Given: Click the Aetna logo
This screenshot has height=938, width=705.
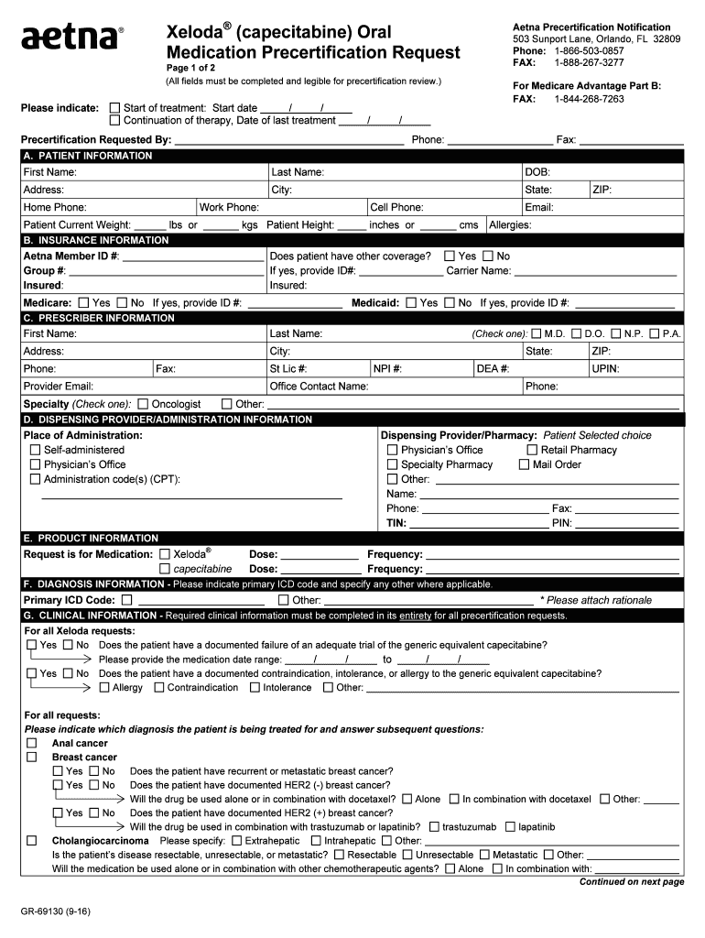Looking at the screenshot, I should [x=71, y=38].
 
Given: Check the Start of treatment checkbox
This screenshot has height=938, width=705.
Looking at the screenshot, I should [x=114, y=108].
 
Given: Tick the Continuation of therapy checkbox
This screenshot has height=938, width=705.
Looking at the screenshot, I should [x=114, y=121].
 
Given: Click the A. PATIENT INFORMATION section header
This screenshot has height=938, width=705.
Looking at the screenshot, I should [x=88, y=156].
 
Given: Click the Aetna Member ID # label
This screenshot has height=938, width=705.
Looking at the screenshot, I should [x=70, y=256].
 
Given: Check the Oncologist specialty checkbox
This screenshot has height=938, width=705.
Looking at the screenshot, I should [x=143, y=404].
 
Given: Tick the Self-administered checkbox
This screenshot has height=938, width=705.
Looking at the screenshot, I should [x=36, y=451].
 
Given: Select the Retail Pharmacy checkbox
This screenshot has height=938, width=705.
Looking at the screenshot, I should [x=532, y=450].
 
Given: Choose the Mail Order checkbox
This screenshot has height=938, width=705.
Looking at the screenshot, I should [x=524, y=464].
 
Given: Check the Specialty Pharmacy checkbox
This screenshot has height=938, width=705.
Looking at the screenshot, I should [x=393, y=464].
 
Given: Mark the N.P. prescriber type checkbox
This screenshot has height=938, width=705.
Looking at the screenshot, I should [x=616, y=334].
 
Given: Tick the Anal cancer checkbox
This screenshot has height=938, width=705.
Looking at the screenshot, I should [x=32, y=744].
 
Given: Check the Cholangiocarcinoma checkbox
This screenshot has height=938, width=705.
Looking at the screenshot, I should [x=32, y=841].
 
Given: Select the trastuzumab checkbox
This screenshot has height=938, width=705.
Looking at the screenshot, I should [x=434, y=826].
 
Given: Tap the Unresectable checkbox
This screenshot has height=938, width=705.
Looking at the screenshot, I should [x=407, y=855].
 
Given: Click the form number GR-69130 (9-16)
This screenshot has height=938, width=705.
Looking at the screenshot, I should [x=57, y=911].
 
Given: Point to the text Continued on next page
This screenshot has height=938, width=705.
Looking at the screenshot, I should [x=631, y=882].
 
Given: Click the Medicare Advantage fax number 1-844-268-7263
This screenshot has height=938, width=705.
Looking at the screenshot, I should [x=589, y=99].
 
